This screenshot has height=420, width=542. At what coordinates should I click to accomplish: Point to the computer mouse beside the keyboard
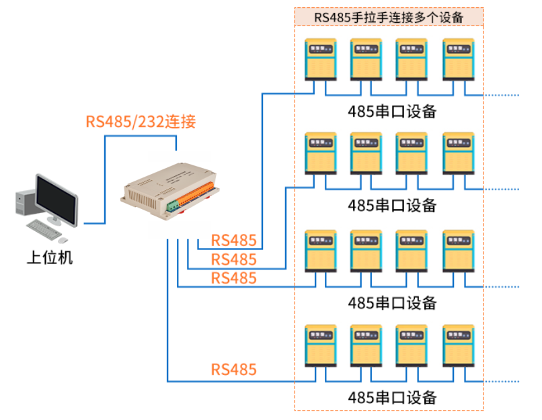click(63, 239)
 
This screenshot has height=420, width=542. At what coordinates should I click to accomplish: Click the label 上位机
click(48, 257)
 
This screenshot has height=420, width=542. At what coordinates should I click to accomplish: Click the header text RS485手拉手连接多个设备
click(389, 17)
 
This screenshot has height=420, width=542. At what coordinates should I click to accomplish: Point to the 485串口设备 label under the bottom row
click(392, 396)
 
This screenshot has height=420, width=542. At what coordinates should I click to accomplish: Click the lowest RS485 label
click(234, 369)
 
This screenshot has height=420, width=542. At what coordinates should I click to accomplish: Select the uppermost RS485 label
click(234, 240)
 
